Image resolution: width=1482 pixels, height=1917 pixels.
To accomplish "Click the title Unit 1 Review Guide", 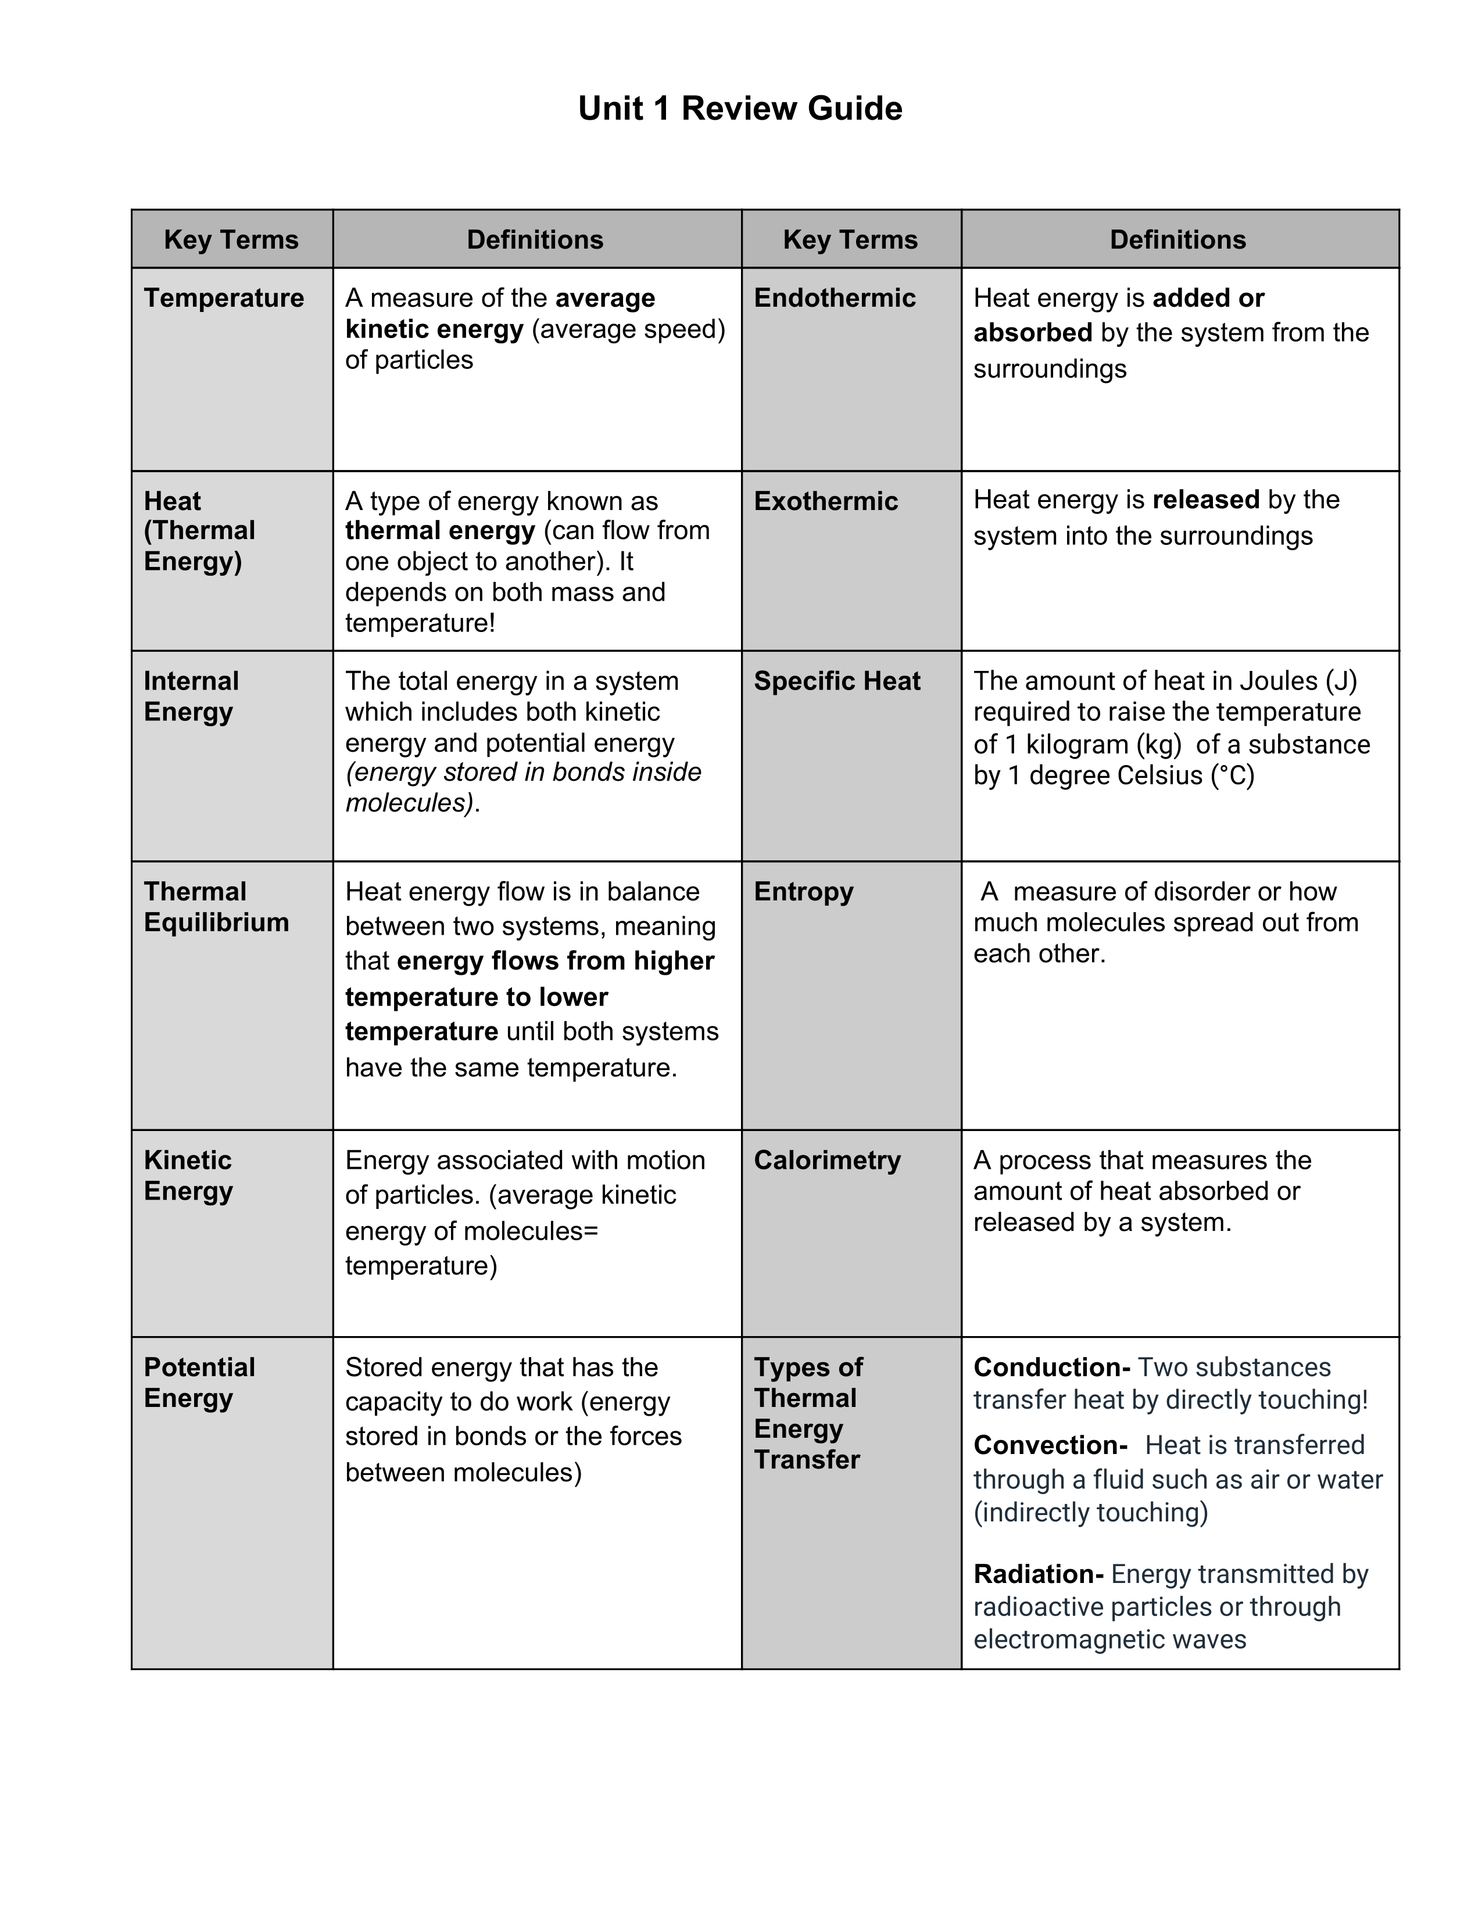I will pyautogui.click(x=739, y=109).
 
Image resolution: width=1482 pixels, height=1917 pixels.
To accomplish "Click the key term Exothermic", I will pyautogui.click(x=825, y=501).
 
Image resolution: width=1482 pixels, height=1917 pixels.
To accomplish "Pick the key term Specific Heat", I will pyautogui.click(x=837, y=681).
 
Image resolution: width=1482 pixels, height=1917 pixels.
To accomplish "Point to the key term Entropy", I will pyautogui.click(x=803, y=892).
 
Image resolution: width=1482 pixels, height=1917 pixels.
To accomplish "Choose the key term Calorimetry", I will pyautogui.click(x=827, y=1161).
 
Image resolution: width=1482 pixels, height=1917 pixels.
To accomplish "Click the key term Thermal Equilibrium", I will pyautogui.click(x=216, y=907).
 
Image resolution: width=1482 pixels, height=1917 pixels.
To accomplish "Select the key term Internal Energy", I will pyautogui.click(x=191, y=696).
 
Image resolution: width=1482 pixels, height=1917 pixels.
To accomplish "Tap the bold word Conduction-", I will pyautogui.click(x=1051, y=1367).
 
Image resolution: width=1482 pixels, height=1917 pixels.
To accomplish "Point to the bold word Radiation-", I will pyautogui.click(x=1038, y=1574).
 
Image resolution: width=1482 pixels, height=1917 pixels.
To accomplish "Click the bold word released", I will pyautogui.click(x=1205, y=500).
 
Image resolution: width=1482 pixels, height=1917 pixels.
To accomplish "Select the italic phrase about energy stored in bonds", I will pyautogui.click(x=523, y=787).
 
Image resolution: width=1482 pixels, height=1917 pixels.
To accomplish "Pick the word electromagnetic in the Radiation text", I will pyautogui.click(x=1076, y=1640).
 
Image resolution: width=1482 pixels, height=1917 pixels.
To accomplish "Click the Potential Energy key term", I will pyautogui.click(x=199, y=1383).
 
